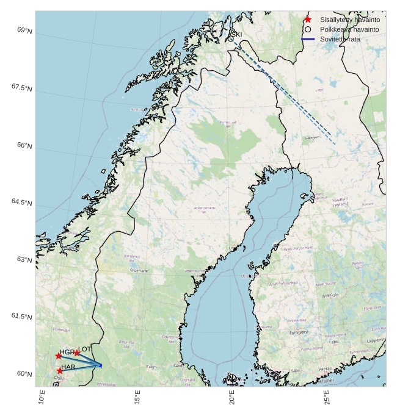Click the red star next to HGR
(59, 356)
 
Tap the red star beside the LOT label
(77, 353)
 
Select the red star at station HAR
(60, 370)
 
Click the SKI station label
(236, 35)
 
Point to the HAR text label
(68, 367)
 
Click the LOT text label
(85, 349)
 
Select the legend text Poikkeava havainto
(349, 29)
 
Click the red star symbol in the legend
(308, 20)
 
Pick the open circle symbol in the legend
(308, 29)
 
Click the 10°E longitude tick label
(42, 397)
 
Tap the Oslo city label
(59, 378)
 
